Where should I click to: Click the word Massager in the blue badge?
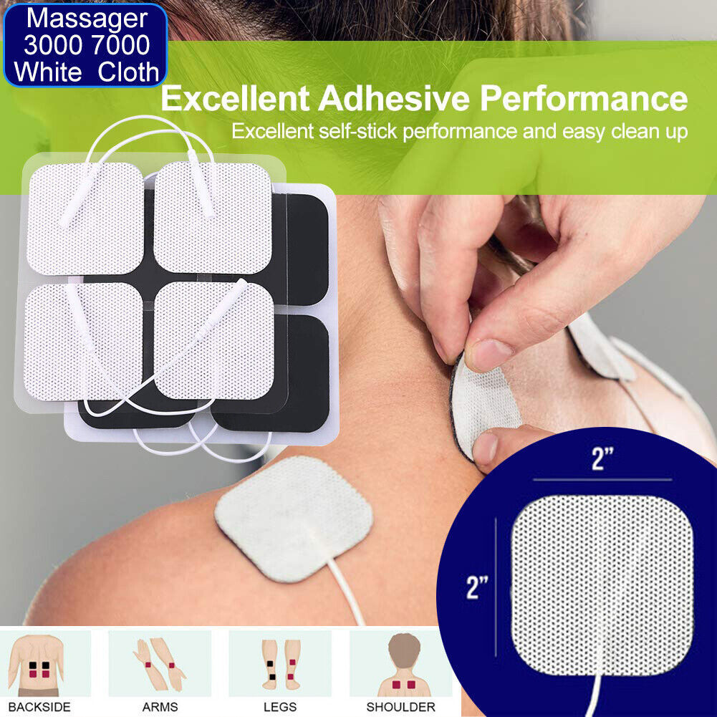click(86, 16)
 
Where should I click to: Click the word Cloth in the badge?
click(128, 72)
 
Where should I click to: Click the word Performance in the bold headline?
click(584, 99)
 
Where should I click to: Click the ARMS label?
click(160, 707)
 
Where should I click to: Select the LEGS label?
click(279, 707)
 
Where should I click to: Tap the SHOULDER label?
click(400, 707)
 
